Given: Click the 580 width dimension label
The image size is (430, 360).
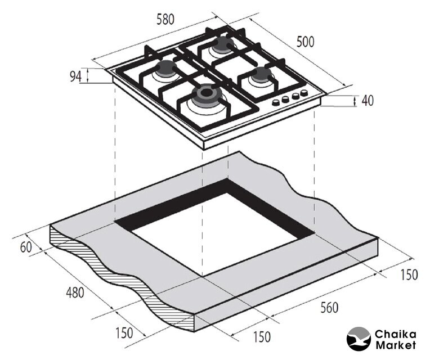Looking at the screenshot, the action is pos(165,20).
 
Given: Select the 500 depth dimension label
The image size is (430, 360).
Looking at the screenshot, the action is pos(305,42).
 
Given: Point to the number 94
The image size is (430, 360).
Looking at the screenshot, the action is pos(75,76).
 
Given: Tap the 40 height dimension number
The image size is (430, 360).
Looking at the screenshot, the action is pos(368,101).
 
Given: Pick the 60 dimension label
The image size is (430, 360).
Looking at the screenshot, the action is pos(26,247).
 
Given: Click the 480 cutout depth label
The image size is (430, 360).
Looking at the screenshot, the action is pos(75,292).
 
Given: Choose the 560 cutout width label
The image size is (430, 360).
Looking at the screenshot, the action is pos(329,308).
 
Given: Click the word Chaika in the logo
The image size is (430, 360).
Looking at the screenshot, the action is pos(396,335).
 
